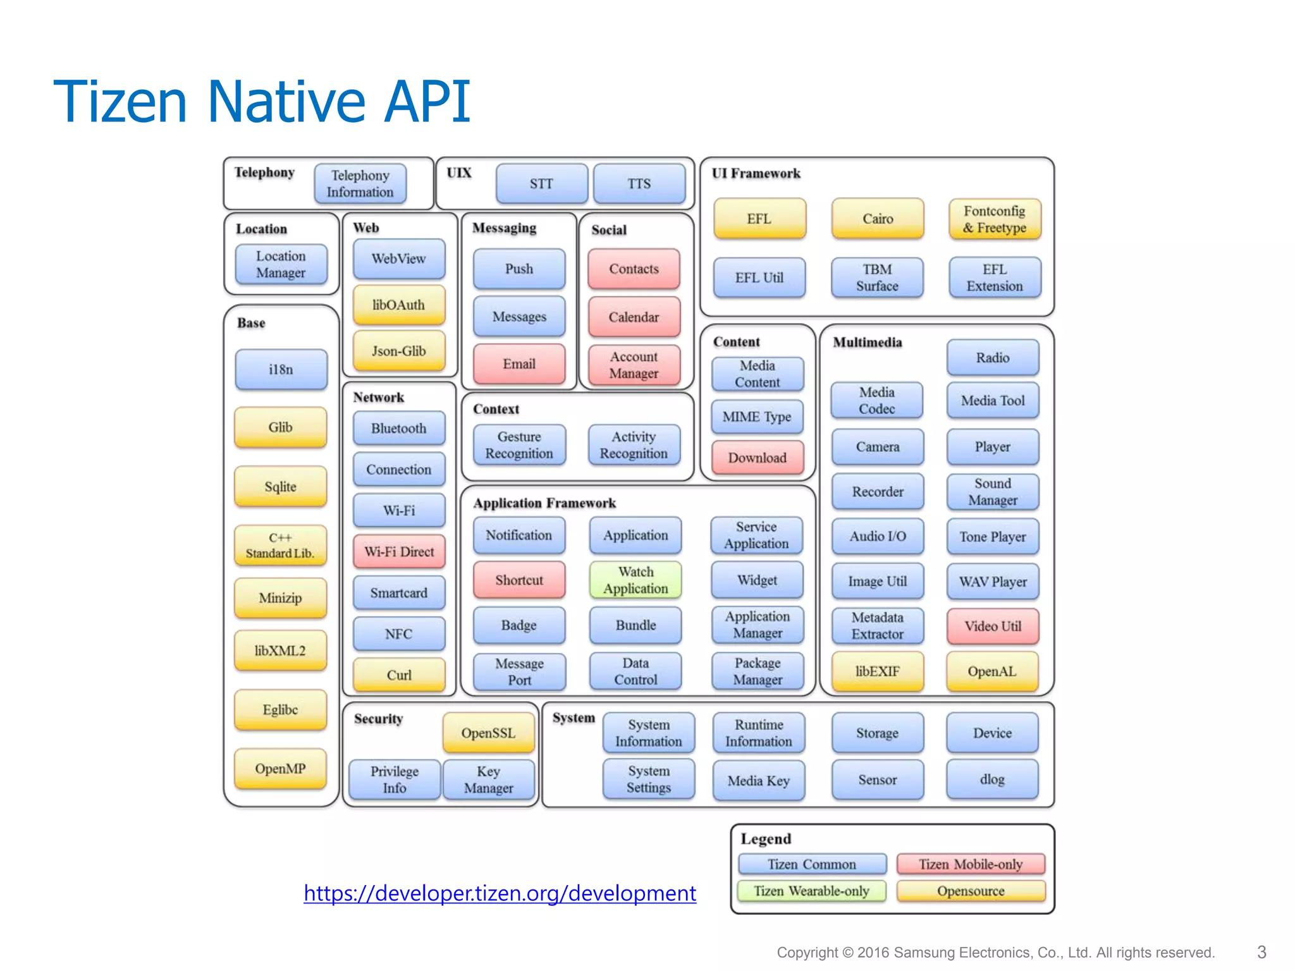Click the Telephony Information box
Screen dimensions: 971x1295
pyautogui.click(x=360, y=184)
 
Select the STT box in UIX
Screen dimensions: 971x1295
pyautogui.click(x=541, y=184)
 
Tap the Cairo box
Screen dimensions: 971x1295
pyautogui.click(x=878, y=219)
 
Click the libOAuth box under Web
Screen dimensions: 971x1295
pyautogui.click(x=398, y=305)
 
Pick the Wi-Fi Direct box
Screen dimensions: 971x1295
pyautogui.click(x=399, y=552)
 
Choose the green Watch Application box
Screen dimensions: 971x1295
pyautogui.click(x=635, y=580)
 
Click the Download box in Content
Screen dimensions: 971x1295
pyautogui.click(x=757, y=458)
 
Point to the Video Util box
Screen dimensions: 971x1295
pyautogui.click(x=993, y=626)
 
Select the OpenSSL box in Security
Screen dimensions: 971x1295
pyautogui.click(x=488, y=733)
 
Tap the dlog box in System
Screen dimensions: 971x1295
pyautogui.click(x=992, y=779)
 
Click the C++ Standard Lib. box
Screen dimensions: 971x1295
pyautogui.click(x=280, y=546)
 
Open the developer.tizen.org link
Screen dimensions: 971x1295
pyautogui.click(x=500, y=893)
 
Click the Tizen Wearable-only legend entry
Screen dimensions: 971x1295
pyautogui.click(x=811, y=891)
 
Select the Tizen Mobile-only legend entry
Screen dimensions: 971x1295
pyautogui.click(x=971, y=864)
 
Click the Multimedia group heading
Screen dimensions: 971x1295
pyautogui.click(x=867, y=343)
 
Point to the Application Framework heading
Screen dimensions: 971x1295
pyautogui.click(x=544, y=503)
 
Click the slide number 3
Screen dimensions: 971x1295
pyautogui.click(x=1261, y=952)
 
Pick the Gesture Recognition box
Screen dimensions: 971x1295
pyautogui.click(x=519, y=445)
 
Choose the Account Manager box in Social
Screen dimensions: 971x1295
pyautogui.click(x=634, y=365)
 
